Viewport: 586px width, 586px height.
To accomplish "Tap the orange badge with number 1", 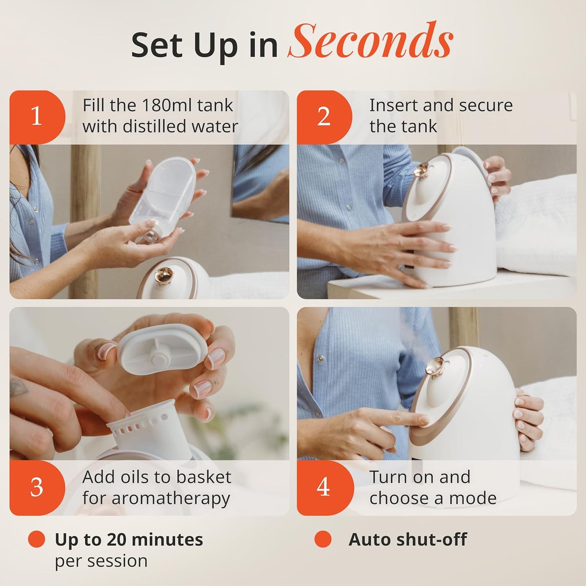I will point(36,117).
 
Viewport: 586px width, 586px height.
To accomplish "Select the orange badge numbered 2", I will point(324,117).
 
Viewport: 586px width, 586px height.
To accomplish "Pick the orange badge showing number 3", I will point(36,487).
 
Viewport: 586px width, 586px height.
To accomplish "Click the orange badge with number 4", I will point(323,487).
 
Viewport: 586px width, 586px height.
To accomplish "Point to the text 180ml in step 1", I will point(161,105).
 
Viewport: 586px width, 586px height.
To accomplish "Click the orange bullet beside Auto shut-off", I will point(323,539).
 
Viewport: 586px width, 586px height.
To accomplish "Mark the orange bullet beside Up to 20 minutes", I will point(36,539).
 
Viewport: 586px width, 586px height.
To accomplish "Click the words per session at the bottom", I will point(101,561).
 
